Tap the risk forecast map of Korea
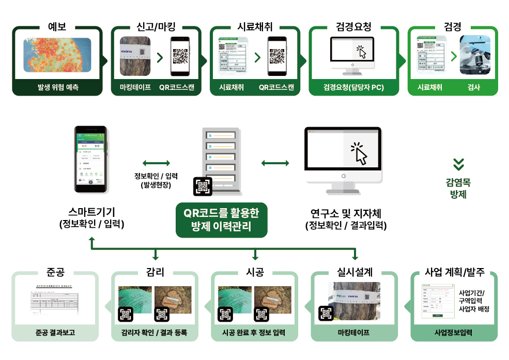[x=57, y=55]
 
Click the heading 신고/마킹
[x=156, y=27]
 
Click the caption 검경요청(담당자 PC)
[x=353, y=88]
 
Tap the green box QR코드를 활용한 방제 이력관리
[x=221, y=219]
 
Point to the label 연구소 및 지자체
[x=346, y=213]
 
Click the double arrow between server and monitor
[x=275, y=164]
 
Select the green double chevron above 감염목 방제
[x=458, y=164]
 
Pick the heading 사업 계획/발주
[x=454, y=273]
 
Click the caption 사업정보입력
[x=454, y=333]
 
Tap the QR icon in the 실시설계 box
[x=326, y=313]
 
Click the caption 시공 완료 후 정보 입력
[x=255, y=333]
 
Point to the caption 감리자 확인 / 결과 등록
[x=155, y=333]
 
